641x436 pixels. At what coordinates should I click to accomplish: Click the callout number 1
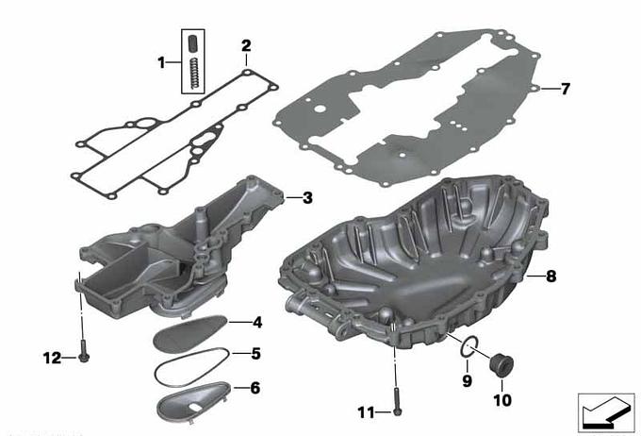coord(162,62)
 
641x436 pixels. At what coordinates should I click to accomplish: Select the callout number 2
coord(246,45)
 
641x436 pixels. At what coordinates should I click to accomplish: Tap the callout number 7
coord(565,89)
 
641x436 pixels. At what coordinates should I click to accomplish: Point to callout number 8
coord(551,277)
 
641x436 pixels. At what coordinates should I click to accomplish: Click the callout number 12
coord(53,359)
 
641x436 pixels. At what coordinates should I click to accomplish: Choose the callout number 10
coord(502,400)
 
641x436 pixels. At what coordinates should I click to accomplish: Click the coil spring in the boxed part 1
coord(195,74)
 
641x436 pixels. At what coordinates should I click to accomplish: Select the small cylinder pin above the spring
coord(192,43)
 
